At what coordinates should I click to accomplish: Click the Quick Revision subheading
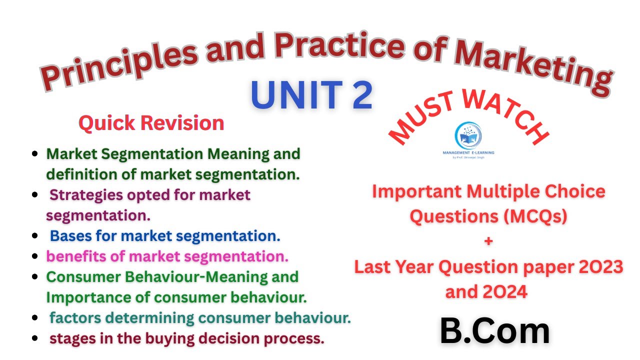[151, 123]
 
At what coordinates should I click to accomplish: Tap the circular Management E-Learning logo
[468, 135]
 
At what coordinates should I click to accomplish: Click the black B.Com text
[494, 331]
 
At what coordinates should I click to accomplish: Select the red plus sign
[488, 241]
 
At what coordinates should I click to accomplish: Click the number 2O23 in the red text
[600, 267]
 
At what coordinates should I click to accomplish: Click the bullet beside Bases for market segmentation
[35, 235]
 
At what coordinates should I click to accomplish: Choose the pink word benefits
[75, 256]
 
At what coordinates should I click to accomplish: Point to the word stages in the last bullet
[70, 338]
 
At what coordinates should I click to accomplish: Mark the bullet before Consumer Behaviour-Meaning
[35, 276]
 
